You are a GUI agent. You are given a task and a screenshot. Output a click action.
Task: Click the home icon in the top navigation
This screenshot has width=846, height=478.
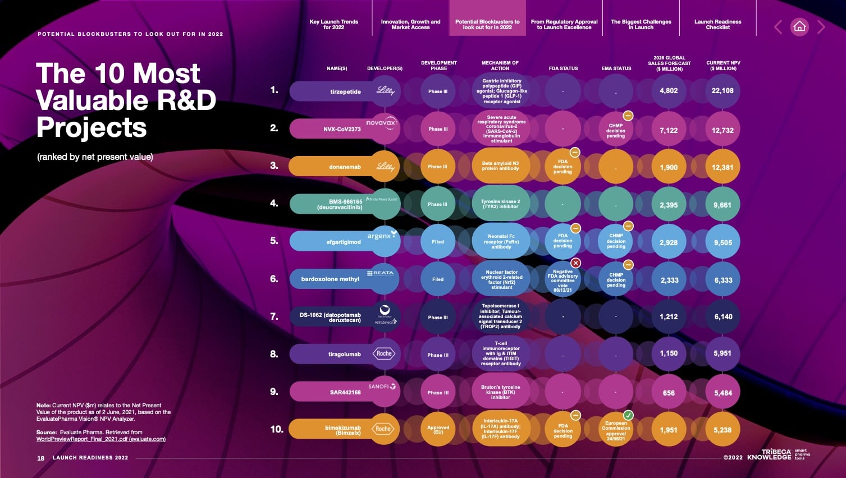pos(799,26)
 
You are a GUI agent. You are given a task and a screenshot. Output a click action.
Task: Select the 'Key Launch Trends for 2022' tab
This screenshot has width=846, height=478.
pos(333,24)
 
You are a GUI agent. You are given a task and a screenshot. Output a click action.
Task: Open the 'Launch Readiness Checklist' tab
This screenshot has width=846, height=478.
pos(717,24)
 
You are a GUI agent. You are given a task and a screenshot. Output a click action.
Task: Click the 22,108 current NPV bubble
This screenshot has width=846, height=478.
pos(722,91)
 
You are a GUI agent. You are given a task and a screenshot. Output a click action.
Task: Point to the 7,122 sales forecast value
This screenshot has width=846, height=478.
pos(669,130)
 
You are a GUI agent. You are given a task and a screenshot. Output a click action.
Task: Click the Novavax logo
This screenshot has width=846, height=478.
pos(382,123)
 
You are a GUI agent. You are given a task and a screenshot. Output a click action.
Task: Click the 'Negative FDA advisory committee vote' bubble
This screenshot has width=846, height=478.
pos(563,280)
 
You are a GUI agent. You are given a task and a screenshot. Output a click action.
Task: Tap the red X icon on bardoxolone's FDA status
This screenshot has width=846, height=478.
pos(575,263)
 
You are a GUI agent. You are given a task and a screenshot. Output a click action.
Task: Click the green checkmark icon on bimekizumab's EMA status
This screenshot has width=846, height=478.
pos(628,415)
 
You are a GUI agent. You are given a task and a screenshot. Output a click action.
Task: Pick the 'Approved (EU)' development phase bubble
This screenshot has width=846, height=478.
pos(438,430)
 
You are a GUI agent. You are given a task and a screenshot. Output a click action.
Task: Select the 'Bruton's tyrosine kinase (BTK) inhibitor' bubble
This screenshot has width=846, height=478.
pos(501,392)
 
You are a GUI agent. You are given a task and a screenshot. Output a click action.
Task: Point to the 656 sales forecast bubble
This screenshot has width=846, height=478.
pos(669,393)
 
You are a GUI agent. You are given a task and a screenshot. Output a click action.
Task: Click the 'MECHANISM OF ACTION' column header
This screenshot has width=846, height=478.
pos(500,66)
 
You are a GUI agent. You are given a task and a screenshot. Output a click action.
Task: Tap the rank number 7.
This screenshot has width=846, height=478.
pos(274,316)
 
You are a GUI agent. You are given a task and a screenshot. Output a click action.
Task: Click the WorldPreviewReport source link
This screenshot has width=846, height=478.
pos(101,439)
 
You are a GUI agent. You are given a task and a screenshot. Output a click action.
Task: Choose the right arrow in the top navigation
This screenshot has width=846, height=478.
pos(821,27)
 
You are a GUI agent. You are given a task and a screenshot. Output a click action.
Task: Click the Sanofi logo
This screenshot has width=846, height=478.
pos(382,386)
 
